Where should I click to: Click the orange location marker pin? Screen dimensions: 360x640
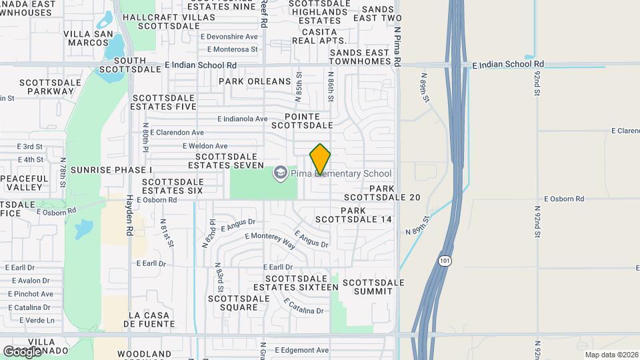point(320,160)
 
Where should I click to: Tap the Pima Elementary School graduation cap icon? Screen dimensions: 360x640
point(281,173)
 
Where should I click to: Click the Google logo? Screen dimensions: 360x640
point(22,351)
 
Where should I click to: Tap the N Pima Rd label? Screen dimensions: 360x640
point(397,46)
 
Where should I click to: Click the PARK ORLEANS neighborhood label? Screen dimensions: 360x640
point(255,81)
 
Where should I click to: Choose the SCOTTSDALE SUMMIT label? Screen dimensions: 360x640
point(373,287)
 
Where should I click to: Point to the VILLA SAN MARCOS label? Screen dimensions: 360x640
point(86,38)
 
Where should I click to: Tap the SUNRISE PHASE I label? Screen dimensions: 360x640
point(111,170)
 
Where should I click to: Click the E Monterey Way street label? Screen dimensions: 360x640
point(270,240)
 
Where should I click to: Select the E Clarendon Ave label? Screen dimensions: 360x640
point(177,133)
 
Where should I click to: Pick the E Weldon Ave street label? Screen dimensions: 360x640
point(205,146)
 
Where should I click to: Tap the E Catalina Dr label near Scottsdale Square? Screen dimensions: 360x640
point(303,307)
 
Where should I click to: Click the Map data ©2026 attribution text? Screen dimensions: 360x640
point(611,355)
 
